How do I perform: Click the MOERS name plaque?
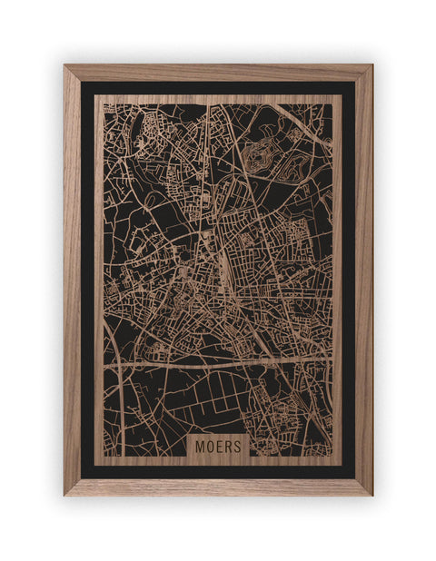pyautogui.click(x=218, y=446)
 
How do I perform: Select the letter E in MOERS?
pyautogui.click(x=218, y=447)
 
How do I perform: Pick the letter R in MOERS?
pyautogui.click(x=227, y=447)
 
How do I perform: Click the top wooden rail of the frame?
pyautogui.click(x=218, y=72)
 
